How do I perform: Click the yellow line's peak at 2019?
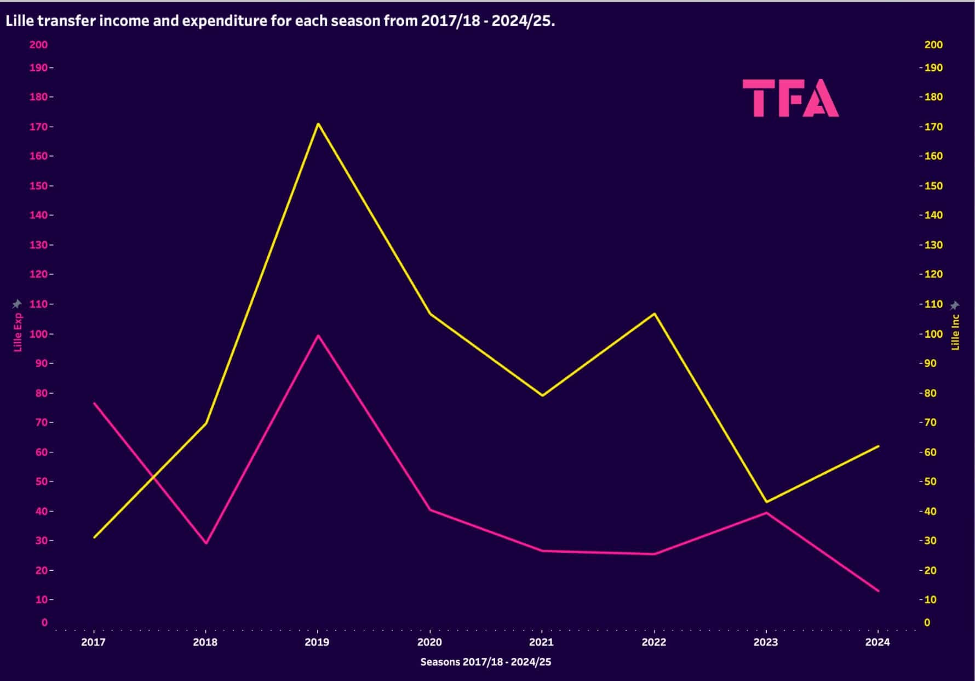coord(318,123)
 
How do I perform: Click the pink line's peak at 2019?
coord(318,336)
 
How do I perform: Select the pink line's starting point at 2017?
coord(94,403)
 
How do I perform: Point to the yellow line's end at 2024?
coord(878,446)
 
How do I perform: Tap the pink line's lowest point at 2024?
coord(878,591)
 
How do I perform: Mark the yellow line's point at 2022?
coord(654,314)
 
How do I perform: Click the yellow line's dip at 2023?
coord(766,502)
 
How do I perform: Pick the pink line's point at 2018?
coord(206,543)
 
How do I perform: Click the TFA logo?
coord(790,98)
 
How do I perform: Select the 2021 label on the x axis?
coord(541,642)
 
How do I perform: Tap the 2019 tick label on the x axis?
coord(317,642)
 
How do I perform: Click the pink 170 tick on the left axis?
coord(38,127)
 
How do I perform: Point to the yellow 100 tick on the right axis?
coord(933,334)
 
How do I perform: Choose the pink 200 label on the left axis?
coord(38,45)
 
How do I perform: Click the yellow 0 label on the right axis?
coord(927,622)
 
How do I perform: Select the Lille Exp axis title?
coord(18,332)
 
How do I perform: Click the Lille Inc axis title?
coord(955,332)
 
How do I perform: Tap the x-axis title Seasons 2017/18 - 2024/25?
coord(485,662)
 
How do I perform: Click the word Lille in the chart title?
coord(18,21)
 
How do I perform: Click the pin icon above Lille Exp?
coord(17,304)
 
